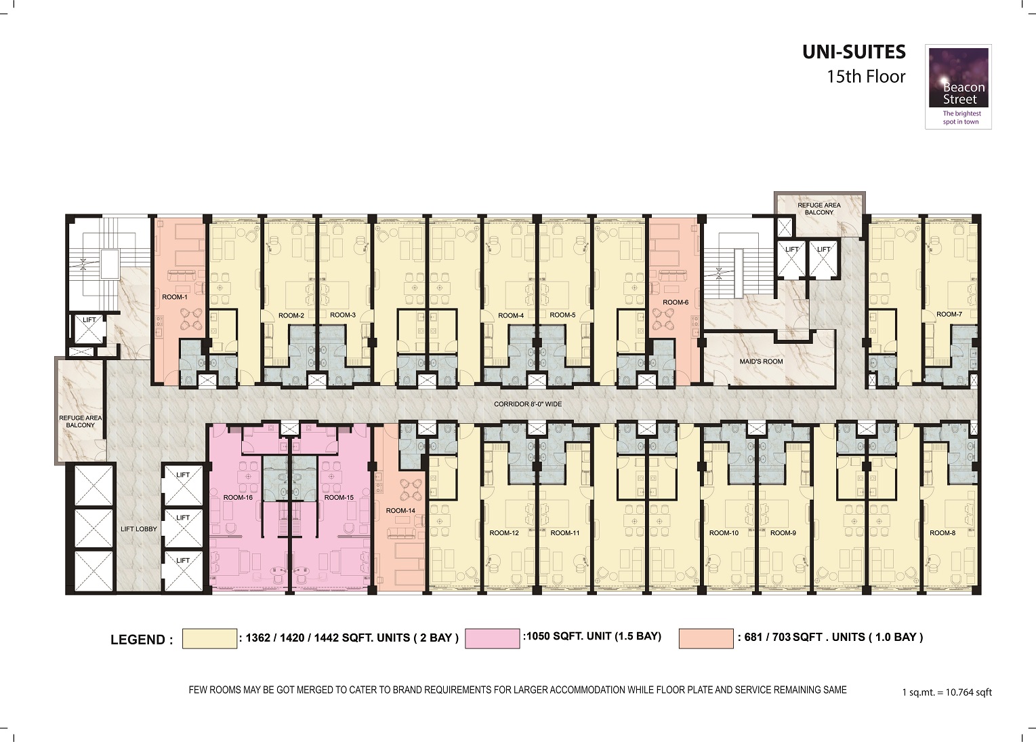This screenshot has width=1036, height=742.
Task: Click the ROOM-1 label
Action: click(174, 297)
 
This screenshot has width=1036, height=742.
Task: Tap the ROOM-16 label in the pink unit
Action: click(238, 497)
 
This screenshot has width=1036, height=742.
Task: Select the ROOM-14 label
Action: click(400, 510)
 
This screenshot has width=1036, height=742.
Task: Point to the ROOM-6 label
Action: click(675, 302)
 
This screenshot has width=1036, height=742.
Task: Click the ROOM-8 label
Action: click(942, 533)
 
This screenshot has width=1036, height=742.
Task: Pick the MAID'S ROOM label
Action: click(761, 362)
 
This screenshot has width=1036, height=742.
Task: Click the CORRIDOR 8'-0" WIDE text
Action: click(527, 404)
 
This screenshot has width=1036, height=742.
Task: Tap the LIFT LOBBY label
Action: click(138, 529)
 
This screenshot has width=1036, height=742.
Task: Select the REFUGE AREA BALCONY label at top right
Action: click(819, 208)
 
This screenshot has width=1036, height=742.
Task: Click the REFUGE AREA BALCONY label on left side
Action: click(80, 421)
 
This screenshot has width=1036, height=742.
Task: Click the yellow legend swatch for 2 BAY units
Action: click(209, 639)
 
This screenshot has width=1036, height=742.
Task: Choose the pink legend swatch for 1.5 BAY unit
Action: click(492, 639)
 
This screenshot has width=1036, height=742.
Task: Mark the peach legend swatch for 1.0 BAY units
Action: click(705, 639)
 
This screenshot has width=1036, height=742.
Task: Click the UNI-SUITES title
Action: click(854, 52)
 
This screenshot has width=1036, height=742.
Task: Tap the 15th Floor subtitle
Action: click(865, 77)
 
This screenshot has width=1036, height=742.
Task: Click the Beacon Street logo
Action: click(958, 86)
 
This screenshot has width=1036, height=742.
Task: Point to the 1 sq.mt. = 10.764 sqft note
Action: click(947, 692)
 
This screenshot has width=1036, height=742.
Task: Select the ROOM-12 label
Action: click(504, 533)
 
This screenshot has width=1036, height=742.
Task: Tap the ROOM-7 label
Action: click(949, 314)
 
